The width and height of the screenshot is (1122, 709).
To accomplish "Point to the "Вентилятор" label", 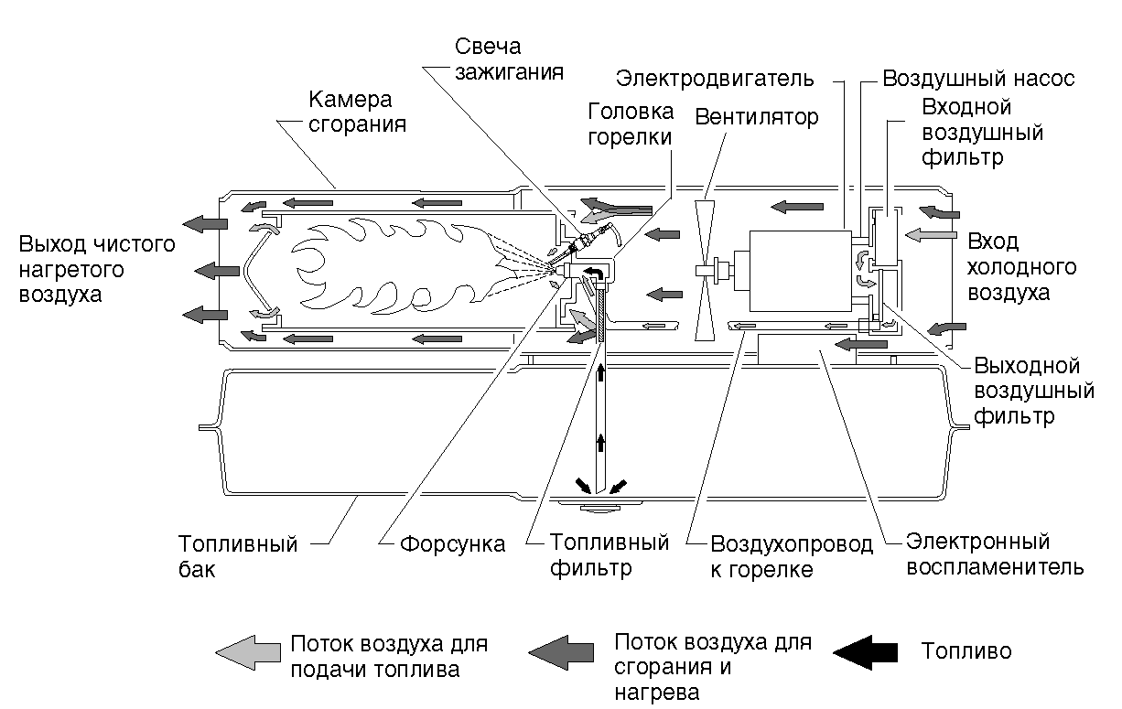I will [757, 117].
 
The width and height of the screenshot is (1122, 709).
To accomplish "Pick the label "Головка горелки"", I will [631, 124].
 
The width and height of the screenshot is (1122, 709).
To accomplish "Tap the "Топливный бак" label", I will [238, 557].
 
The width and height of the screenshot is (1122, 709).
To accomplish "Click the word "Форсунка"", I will [452, 545].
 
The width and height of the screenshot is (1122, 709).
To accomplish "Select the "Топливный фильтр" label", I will [609, 555].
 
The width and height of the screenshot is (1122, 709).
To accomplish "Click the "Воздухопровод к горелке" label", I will [792, 557].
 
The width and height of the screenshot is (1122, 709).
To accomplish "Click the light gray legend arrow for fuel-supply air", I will [247, 651].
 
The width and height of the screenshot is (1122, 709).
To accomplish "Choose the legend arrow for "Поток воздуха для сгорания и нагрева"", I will [562, 651].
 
